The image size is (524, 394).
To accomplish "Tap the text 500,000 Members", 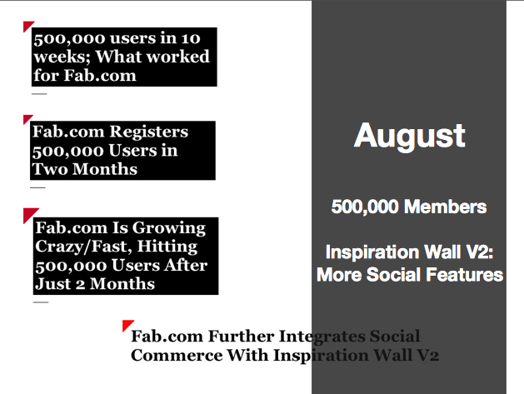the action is pos(409,207).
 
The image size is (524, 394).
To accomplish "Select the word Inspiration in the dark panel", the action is pos(372,253).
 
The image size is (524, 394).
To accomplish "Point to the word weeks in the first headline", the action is pos(62,57).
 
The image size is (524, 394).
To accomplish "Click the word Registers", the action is pos(149,132).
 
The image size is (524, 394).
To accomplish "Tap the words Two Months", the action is pos(84,169).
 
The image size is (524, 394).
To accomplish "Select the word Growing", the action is pos(169,229).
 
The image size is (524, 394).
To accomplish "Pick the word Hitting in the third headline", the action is pos(167,247).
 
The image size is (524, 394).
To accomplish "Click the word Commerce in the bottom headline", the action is pos(177,355).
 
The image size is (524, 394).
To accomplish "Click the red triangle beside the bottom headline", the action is pos(127,325).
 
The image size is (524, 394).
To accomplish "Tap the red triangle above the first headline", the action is pos(27,26).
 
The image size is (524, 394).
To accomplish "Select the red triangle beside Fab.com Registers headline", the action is pos(27,119).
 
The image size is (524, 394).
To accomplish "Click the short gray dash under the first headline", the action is pos(39,94).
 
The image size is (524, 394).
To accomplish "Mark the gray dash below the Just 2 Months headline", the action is pos(41,302).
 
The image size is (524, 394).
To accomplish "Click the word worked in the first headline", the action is pos(180,56).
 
